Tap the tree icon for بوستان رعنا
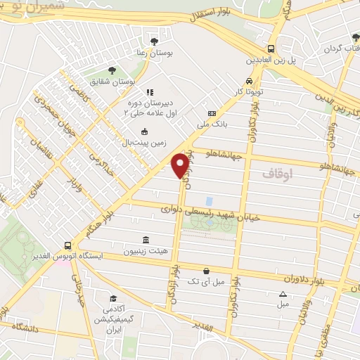(154, 41)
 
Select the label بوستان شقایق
(117, 81)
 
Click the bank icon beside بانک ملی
(212, 114)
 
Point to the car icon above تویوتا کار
(249, 80)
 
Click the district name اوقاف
(278, 172)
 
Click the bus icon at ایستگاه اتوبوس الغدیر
(67, 246)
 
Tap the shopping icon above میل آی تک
(206, 271)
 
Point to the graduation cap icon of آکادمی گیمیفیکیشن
(111, 299)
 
